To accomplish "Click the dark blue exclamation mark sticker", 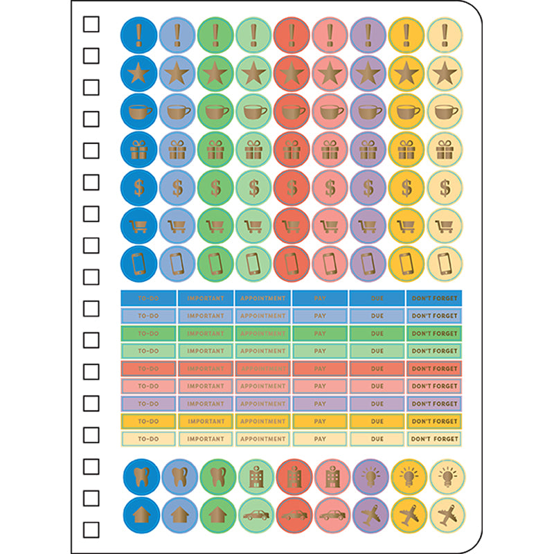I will point(139,34).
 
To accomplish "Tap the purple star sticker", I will point(368,73).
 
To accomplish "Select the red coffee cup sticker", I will point(292,111).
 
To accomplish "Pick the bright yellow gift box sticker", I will point(406,149).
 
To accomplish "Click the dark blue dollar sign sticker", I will point(139,187).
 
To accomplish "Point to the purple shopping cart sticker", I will point(368,226).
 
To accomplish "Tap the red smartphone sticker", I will point(292,264).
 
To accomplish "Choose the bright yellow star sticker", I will point(406,73).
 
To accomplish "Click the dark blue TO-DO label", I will point(148,298).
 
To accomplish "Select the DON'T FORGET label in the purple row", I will point(434,404).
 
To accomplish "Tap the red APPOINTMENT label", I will point(262,368).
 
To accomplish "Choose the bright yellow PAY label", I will point(320,421).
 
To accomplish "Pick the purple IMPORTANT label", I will point(206,404).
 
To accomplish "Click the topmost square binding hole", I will point(91,25).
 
